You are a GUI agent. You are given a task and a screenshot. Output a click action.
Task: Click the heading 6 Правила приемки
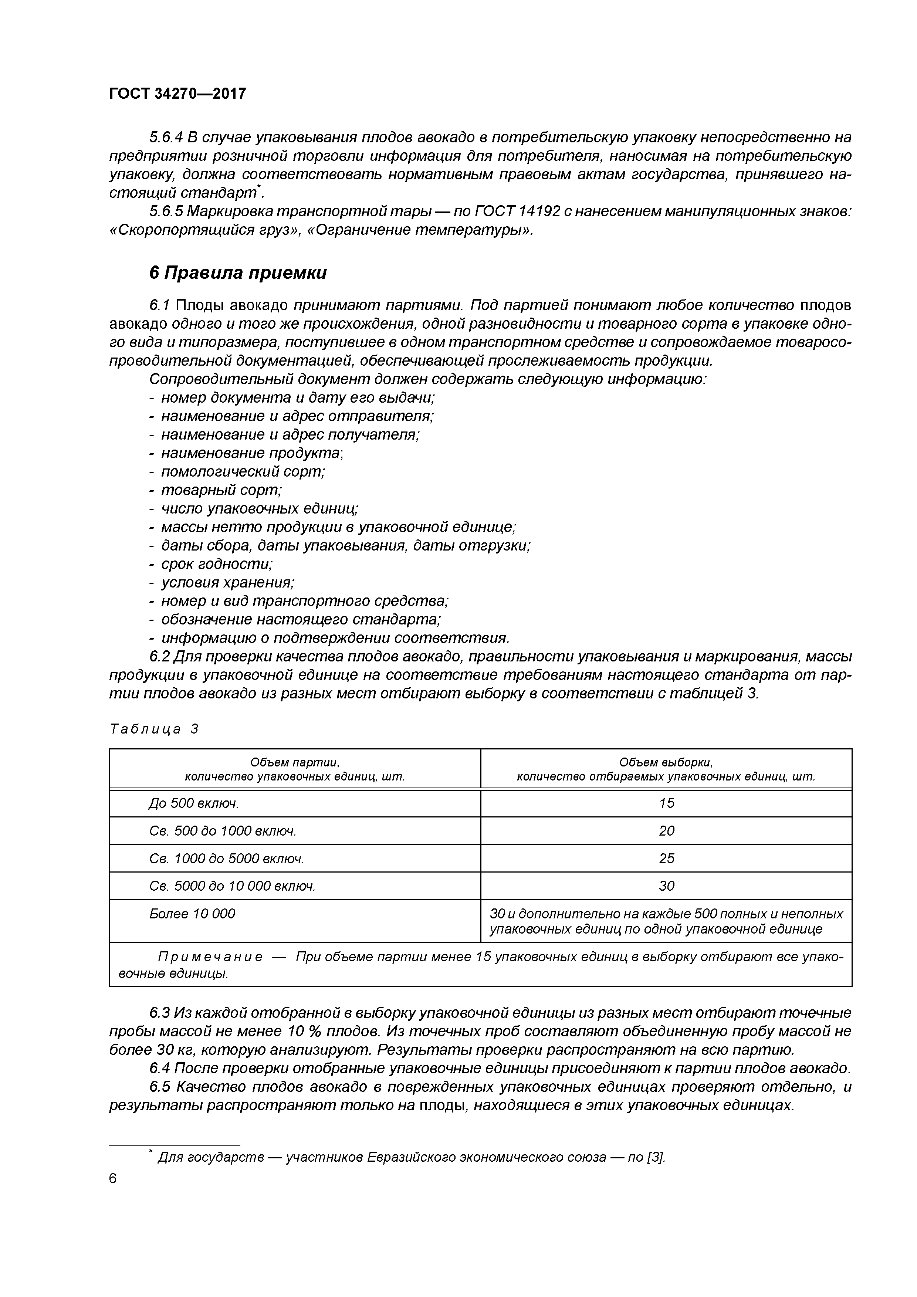[238, 273]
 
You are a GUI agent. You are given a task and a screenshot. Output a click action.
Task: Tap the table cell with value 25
[666, 858]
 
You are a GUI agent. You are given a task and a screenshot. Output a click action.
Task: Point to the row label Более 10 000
[192, 914]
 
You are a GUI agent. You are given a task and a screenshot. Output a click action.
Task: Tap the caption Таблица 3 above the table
[154, 729]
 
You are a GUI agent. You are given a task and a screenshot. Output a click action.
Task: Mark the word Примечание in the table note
[210, 957]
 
